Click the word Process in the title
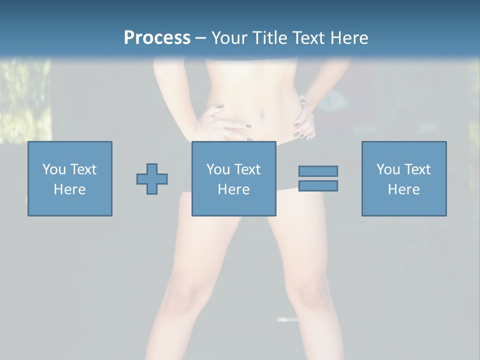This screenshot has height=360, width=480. (x=157, y=37)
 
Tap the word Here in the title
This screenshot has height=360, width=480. (x=349, y=37)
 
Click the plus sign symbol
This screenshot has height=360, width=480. (x=152, y=179)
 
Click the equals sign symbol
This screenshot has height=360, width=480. (x=318, y=178)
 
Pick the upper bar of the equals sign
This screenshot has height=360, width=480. (x=318, y=171)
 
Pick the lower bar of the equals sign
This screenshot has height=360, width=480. (x=318, y=186)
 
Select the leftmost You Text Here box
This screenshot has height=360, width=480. (x=69, y=178)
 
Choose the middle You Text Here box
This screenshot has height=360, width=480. (x=233, y=178)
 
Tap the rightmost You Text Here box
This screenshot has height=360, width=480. (x=403, y=178)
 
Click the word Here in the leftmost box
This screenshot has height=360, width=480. (x=69, y=189)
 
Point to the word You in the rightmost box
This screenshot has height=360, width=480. (x=388, y=169)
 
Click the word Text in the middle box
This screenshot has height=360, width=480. (x=246, y=169)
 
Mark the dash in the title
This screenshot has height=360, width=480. (x=200, y=38)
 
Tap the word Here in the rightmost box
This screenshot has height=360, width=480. (x=403, y=189)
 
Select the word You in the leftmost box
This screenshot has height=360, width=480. (x=54, y=169)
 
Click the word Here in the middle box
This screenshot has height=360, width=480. (x=233, y=189)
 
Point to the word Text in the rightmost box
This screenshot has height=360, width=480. (x=416, y=169)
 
